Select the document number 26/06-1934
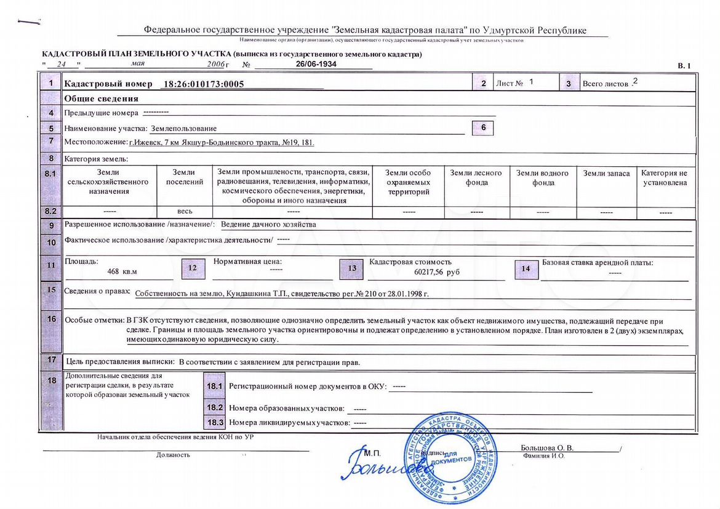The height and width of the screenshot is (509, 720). click(316, 64)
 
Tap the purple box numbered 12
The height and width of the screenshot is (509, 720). click(193, 268)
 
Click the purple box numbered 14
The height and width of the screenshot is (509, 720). click(526, 269)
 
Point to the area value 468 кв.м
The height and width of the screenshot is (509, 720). click(122, 271)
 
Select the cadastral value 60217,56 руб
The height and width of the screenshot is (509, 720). click(436, 271)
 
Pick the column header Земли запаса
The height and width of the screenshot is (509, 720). click(606, 174)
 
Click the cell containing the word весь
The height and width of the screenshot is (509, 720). click(185, 212)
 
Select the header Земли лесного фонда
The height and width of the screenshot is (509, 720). click(476, 178)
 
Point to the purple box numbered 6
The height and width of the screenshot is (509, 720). click(483, 128)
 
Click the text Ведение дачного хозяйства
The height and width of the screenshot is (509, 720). click(268, 225)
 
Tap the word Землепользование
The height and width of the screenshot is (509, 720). click(183, 129)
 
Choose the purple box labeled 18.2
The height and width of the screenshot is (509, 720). click(214, 407)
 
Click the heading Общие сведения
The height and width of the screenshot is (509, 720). click(101, 98)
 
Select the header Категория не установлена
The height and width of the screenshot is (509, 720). click(664, 178)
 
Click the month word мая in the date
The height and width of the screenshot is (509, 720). click(138, 63)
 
